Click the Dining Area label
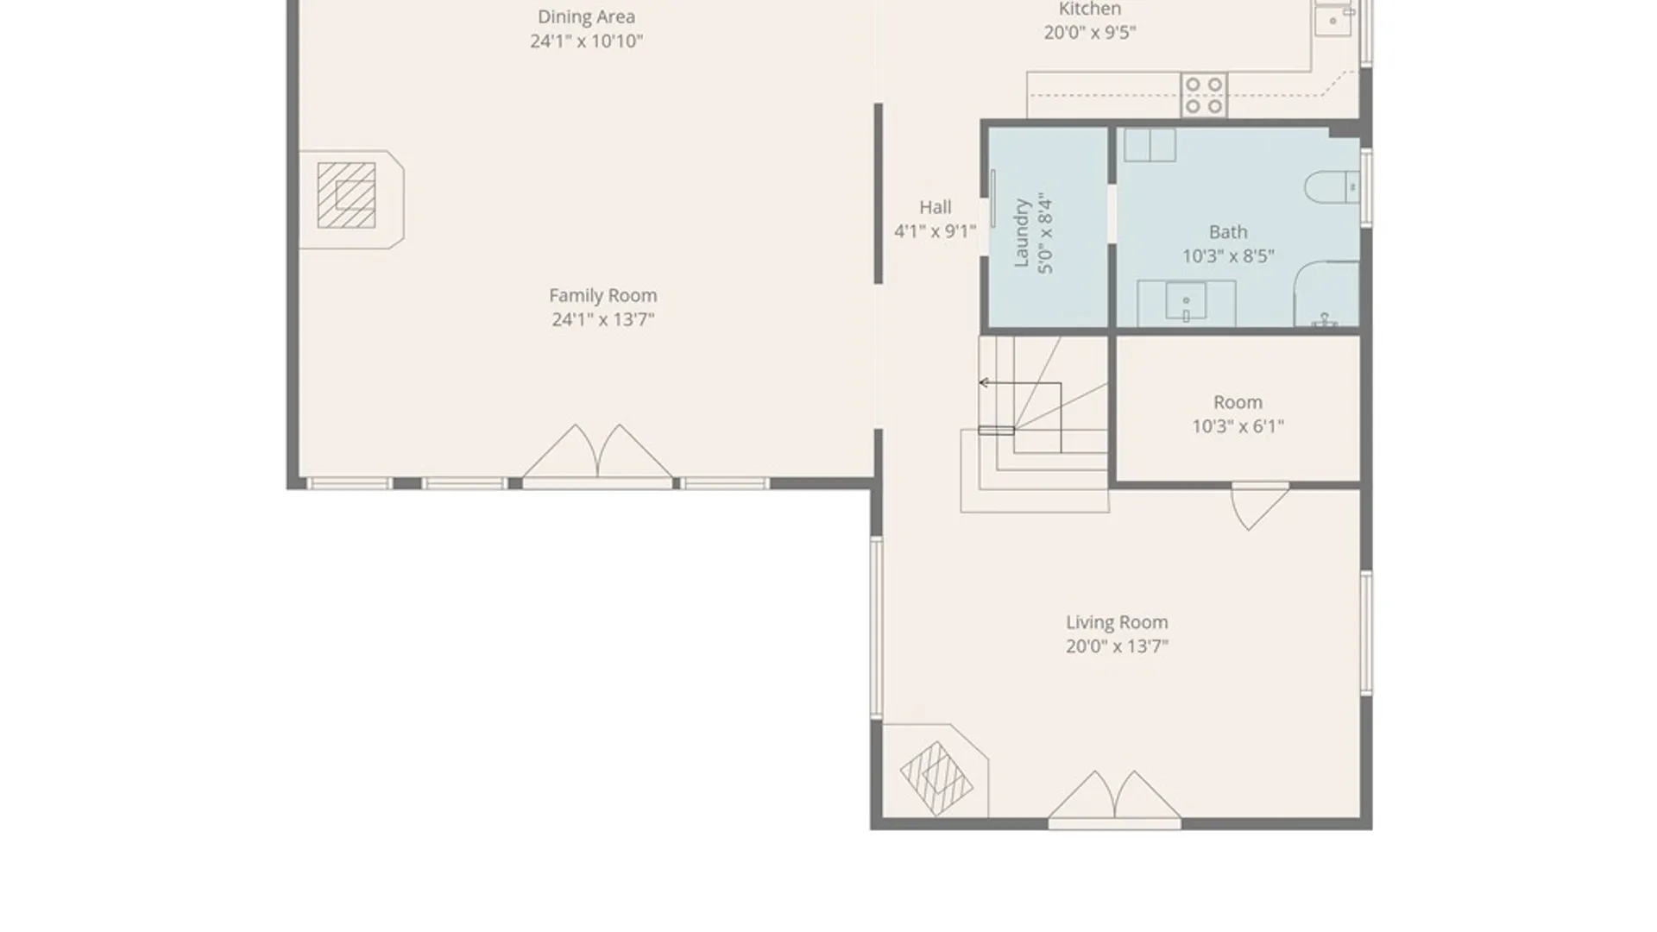tap(586, 16)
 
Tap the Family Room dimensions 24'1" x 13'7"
tap(603, 319)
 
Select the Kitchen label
tap(1090, 9)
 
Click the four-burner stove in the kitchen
tap(1204, 95)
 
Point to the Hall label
tap(936, 207)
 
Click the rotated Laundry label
tap(1022, 233)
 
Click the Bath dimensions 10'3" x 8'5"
tap(1228, 256)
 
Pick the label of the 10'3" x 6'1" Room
tap(1238, 402)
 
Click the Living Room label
tap(1117, 622)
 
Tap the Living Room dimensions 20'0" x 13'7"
tap(1117, 646)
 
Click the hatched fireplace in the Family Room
tap(347, 196)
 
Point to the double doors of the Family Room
tap(597, 453)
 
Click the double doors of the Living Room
tap(1114, 796)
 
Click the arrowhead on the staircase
tap(983, 382)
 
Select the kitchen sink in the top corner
tap(1333, 19)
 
